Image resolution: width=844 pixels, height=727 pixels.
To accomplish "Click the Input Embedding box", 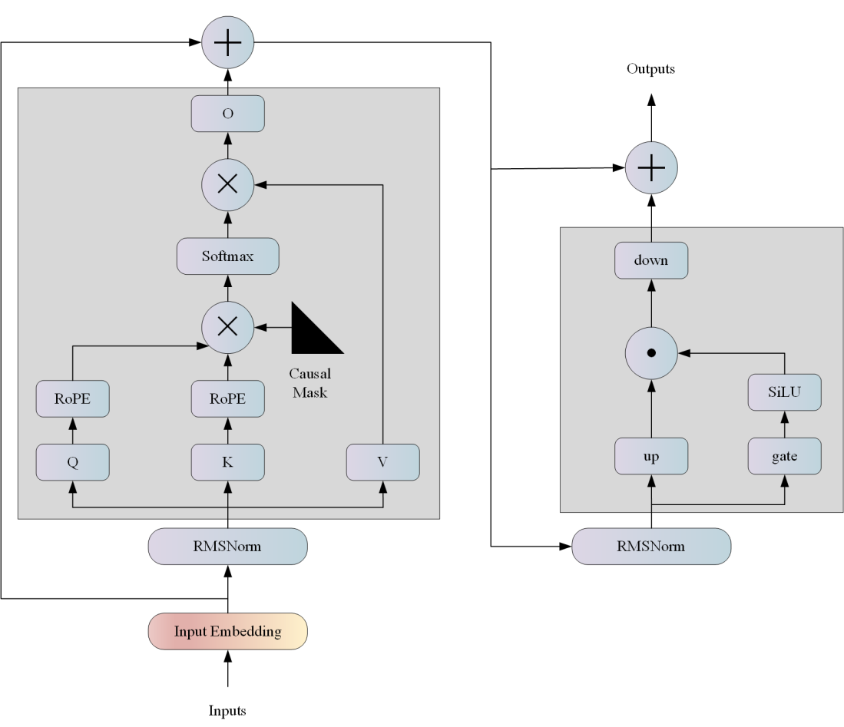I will pos(227,632).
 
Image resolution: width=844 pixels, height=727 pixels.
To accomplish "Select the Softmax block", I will pos(227,256).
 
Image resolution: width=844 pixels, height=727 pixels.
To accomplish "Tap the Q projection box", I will pos(72,462).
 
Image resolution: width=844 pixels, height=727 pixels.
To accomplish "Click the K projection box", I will pos(227,462).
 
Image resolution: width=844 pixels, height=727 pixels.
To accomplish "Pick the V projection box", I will pos(382,462).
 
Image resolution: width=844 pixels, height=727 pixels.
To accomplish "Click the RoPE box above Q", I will pos(72,399).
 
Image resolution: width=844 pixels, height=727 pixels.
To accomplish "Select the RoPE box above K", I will pos(227,399).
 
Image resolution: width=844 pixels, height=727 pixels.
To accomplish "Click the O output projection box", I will pos(227,114).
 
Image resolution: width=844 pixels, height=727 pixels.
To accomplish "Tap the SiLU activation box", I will pos(784,392).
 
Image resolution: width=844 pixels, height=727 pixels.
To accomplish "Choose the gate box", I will pos(784,456).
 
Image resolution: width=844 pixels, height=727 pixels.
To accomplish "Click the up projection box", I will pos(651,456).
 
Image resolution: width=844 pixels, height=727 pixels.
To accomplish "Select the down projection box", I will pos(651,260).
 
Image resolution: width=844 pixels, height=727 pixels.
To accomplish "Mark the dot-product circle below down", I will pos(651,353).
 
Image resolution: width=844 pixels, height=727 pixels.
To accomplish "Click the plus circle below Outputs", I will pos(651,167).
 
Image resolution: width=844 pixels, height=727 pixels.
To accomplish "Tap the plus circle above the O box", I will pos(227,43).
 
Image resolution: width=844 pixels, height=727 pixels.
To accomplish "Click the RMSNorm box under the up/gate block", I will pos(651,547).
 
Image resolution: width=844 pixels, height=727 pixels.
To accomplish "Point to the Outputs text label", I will pos(650,69).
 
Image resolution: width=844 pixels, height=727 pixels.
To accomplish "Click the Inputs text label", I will pos(227,711).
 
